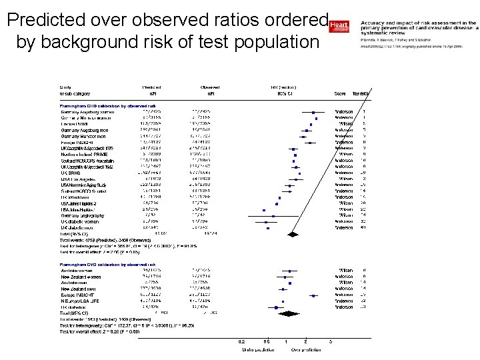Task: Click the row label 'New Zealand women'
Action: pyautogui.click(x=81, y=277)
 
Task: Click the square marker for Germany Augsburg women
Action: pyautogui.click(x=313, y=111)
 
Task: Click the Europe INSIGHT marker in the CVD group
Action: pyautogui.click(x=285, y=295)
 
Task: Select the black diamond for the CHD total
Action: pyautogui.click(x=291, y=233)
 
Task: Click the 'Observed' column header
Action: pyautogui.click(x=210, y=87)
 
